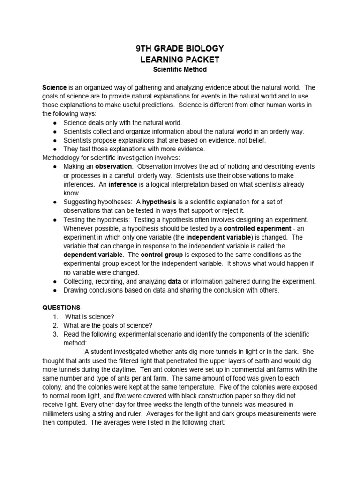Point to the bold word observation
click(x=113, y=167)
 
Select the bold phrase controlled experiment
click(x=257, y=228)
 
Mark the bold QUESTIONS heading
click(x=61, y=308)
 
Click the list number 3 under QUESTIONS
click(x=55, y=334)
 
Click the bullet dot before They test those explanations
click(x=55, y=150)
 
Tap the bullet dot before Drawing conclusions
click(x=55, y=290)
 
